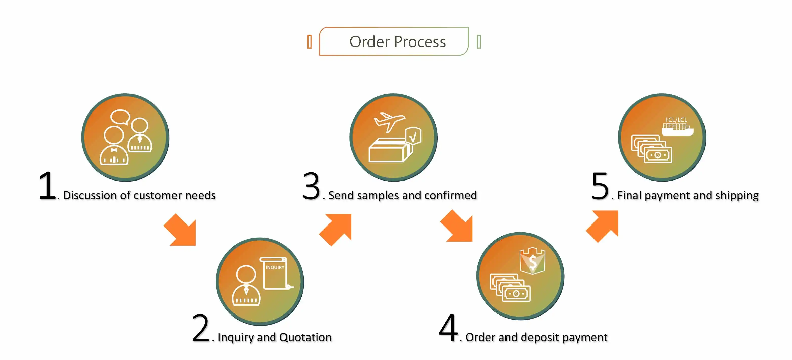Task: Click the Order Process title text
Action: pos(397,41)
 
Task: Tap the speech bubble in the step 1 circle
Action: pos(120,117)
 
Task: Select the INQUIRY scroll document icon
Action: pos(275,273)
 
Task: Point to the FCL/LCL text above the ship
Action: pos(676,120)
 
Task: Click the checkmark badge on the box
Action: pos(413,136)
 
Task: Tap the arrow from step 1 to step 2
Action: pos(181,231)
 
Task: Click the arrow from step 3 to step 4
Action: pos(457,227)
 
